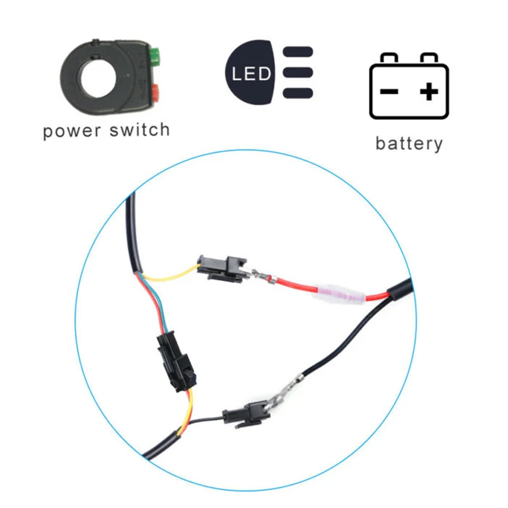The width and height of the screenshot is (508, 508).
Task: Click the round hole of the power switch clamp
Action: click(x=98, y=78)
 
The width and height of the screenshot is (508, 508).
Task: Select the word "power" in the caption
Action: click(x=72, y=131)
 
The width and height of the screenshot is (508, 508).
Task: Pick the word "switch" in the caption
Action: click(x=140, y=130)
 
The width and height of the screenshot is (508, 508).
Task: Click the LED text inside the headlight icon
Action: click(x=251, y=74)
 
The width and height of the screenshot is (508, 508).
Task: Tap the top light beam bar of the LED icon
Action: click(x=298, y=52)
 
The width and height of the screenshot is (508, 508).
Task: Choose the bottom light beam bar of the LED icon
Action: click(x=298, y=93)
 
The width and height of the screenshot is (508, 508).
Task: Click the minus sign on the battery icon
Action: click(x=389, y=91)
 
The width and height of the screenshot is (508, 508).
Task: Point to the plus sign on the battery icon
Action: click(x=429, y=91)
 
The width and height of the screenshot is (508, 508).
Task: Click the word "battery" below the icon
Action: click(x=409, y=144)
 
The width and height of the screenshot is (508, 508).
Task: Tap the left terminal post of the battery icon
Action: click(x=389, y=58)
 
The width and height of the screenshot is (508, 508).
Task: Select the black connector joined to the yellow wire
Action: click(x=222, y=269)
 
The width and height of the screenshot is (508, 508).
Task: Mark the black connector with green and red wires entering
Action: click(x=177, y=361)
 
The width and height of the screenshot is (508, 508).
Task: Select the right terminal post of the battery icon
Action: click(x=429, y=58)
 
